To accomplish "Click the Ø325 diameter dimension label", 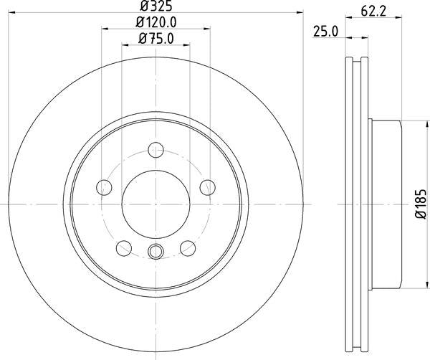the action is [156, 6].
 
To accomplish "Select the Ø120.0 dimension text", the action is [156, 22].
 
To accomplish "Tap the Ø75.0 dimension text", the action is [156, 39].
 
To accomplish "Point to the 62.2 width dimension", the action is [373, 11].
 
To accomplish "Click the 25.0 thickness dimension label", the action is [326, 32].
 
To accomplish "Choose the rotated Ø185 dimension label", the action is [421, 204].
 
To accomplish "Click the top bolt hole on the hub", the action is [156, 150].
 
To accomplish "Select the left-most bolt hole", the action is [104, 187].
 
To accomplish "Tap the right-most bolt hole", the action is [208, 187].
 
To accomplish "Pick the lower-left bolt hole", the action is [124, 248].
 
